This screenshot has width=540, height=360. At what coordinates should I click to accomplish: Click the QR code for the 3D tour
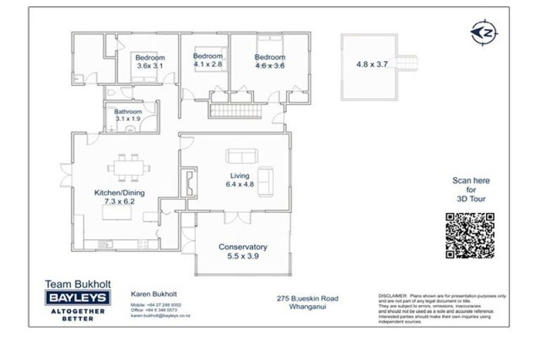pyautogui.click(x=470, y=235)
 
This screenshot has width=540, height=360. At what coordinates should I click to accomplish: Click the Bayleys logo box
pyautogui.click(x=75, y=298)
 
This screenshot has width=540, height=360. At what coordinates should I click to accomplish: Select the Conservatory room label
pyautogui.click(x=243, y=247)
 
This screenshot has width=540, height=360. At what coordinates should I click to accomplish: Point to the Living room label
pyautogui.click(x=240, y=176)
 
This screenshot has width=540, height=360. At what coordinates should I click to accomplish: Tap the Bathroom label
pyautogui.click(x=129, y=112)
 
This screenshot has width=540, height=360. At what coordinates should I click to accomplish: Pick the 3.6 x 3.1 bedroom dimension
pyautogui.click(x=150, y=66)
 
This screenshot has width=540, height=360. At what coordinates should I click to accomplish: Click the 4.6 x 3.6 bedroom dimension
pyautogui.click(x=270, y=66)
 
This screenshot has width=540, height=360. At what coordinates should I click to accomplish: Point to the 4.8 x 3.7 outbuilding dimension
pyautogui.click(x=372, y=64)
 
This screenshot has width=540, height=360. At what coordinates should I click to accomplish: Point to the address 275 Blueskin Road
pyautogui.click(x=307, y=298)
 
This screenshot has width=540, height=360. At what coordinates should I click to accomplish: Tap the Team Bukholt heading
pyautogui.click(x=75, y=284)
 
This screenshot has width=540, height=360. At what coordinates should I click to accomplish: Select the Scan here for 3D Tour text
pyautogui.click(x=470, y=190)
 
